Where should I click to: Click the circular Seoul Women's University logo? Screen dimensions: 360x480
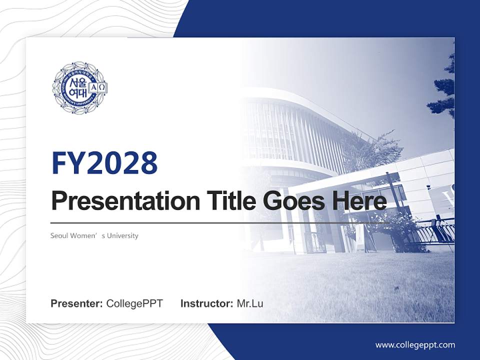tap(80, 87)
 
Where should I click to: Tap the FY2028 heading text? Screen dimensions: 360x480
tap(104, 163)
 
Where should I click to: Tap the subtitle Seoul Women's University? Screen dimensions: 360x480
tap(94, 235)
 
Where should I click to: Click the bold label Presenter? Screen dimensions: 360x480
tap(77, 303)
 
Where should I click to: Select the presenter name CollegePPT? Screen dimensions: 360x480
tap(134, 303)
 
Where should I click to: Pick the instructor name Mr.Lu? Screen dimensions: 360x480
tap(250, 303)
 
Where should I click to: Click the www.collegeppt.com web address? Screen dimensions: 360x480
tap(415, 345)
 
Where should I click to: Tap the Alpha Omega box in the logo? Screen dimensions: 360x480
tap(97, 87)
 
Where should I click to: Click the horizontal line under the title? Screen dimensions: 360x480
tap(220, 222)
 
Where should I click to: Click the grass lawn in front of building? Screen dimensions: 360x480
tap(350, 285)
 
